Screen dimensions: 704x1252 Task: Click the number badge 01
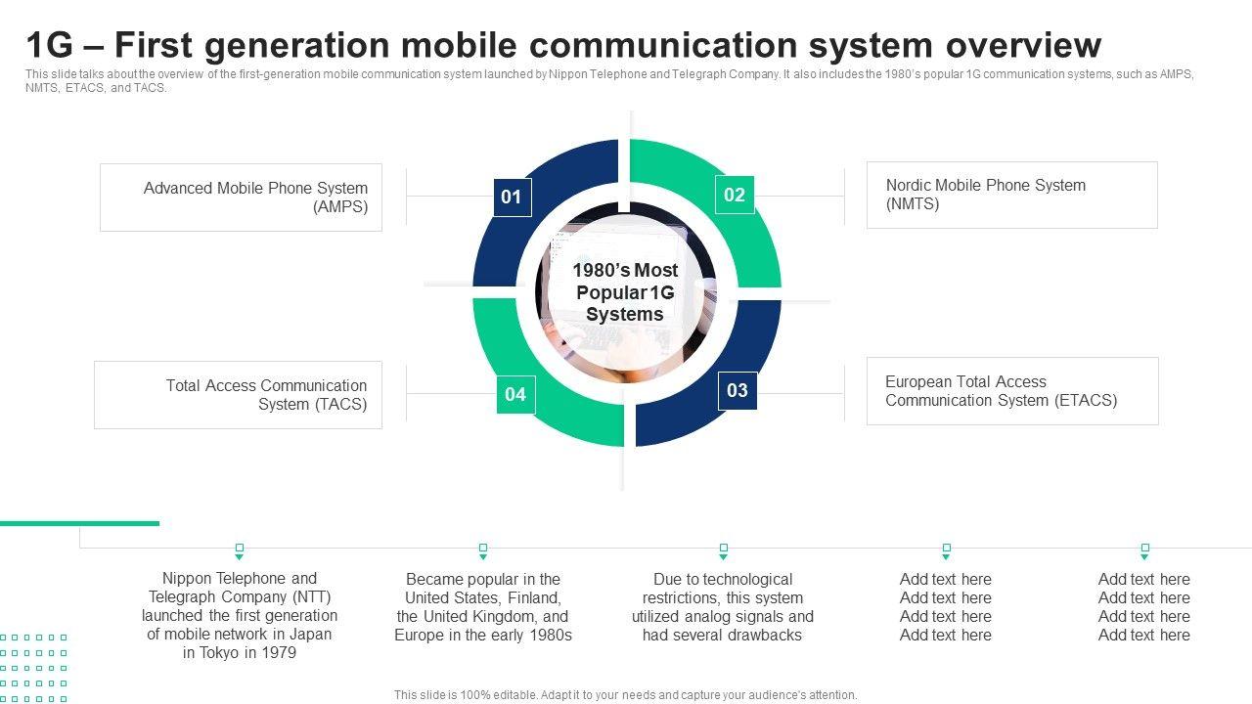pyautogui.click(x=512, y=198)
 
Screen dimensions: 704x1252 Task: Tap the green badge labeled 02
pyautogui.click(x=735, y=196)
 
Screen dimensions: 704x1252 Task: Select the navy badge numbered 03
pyautogui.click(x=738, y=391)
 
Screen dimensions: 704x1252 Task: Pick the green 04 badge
pyautogui.click(x=515, y=395)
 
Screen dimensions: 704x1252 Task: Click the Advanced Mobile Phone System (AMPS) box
pyautogui.click(x=241, y=198)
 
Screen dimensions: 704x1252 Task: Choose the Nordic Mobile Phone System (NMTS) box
pyautogui.click(x=1011, y=195)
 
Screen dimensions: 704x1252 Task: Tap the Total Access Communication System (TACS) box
pyautogui.click(x=238, y=395)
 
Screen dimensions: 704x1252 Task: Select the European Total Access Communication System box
pyautogui.click(x=1012, y=391)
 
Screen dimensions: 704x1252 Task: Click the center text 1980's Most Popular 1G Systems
pyautogui.click(x=625, y=292)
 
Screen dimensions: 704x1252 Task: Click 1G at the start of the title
pyautogui.click(x=49, y=45)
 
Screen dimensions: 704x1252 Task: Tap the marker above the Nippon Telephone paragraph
pyautogui.click(x=240, y=550)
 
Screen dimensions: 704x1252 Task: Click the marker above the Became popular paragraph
pyautogui.click(x=482, y=550)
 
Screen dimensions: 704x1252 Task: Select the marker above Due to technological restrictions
pyautogui.click(x=723, y=550)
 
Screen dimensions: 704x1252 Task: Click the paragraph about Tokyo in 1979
pyautogui.click(x=240, y=616)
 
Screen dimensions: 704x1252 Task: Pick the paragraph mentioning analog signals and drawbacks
pyautogui.click(x=723, y=607)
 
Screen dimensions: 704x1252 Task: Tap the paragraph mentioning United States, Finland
pyautogui.click(x=483, y=607)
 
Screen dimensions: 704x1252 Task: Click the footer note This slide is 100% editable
pyautogui.click(x=625, y=695)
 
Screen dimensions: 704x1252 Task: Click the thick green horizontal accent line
pyautogui.click(x=79, y=523)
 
